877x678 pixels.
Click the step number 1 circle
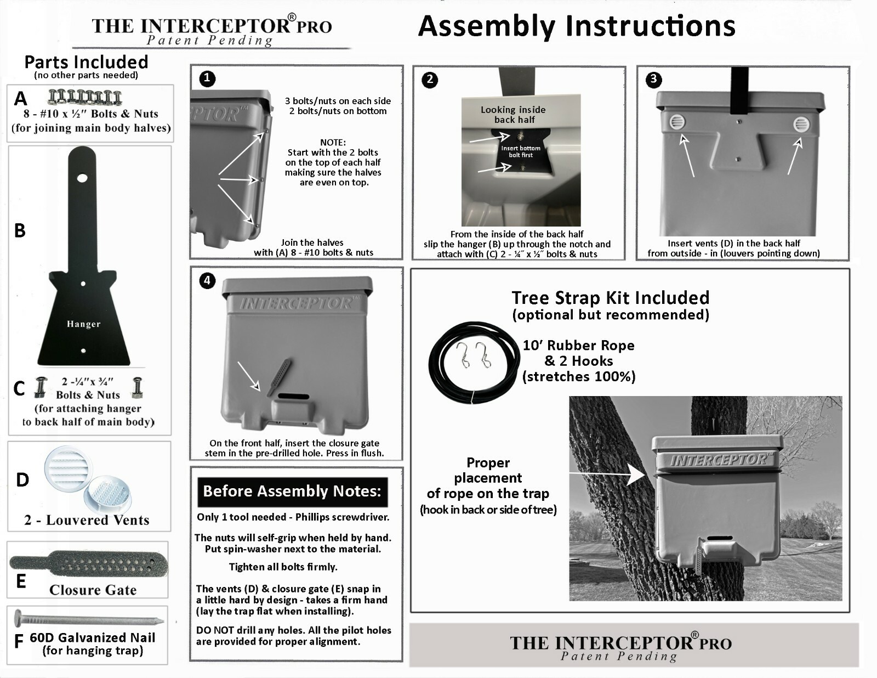(207, 79)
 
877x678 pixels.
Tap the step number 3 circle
(653, 80)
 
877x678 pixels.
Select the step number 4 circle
(207, 281)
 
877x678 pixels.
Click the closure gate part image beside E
(88, 564)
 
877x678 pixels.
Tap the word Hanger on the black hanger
(83, 324)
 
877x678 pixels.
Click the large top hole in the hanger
(82, 178)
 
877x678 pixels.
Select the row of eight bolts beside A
(85, 97)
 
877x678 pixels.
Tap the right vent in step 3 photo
(801, 125)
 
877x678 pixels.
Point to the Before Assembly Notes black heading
(292, 491)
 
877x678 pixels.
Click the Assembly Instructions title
(576, 26)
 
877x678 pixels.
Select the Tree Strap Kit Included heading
(611, 298)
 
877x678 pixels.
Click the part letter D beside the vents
(22, 481)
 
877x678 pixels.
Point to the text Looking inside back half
(514, 115)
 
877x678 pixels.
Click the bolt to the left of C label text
(41, 387)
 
